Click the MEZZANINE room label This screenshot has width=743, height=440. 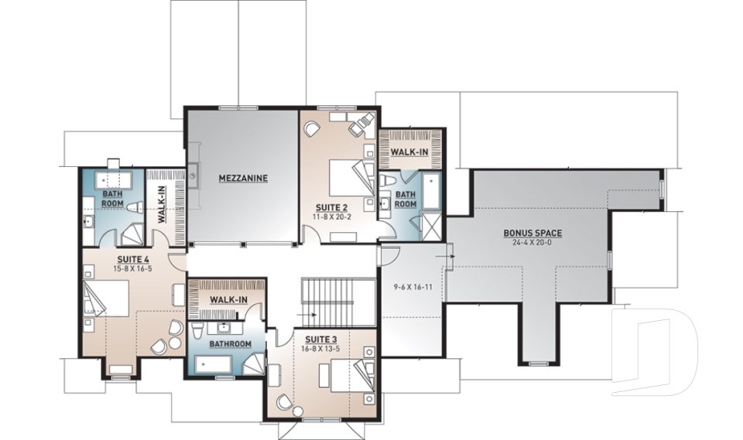(243, 178)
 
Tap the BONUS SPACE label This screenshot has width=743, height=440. (532, 232)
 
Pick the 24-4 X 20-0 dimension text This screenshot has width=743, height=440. (532, 241)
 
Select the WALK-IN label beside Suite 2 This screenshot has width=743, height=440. (409, 152)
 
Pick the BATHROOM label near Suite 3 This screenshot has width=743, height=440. (230, 343)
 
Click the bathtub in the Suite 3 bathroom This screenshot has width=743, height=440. (218, 363)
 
